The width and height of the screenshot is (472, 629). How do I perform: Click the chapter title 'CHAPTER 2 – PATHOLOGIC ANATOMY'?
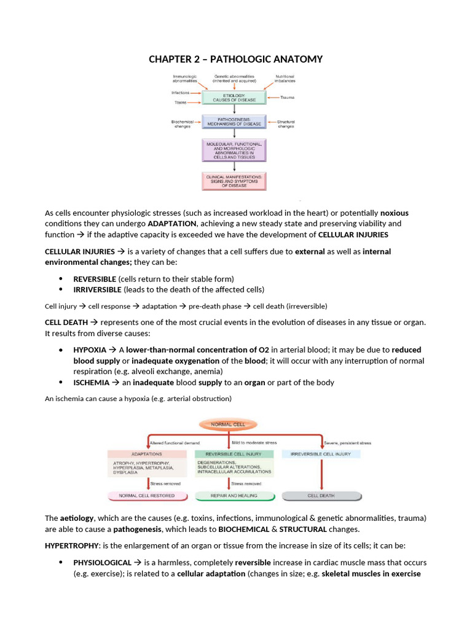click(235, 59)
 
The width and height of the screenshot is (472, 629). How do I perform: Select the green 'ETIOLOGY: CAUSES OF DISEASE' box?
click(233, 98)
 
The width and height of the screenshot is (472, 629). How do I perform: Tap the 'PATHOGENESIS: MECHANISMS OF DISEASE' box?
click(233, 122)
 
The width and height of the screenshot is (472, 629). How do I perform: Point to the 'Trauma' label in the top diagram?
click(288, 98)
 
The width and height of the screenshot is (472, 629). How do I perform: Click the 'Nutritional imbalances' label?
click(285, 79)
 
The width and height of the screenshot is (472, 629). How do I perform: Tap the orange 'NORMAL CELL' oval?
click(227, 424)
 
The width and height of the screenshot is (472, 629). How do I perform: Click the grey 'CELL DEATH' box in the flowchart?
click(321, 495)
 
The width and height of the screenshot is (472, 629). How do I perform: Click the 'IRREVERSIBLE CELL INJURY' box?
click(321, 453)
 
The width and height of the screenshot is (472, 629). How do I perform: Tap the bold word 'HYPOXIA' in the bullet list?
click(90, 350)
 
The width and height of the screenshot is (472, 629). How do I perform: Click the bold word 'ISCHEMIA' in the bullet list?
click(92, 382)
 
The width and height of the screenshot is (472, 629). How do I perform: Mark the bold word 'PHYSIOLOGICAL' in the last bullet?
click(102, 562)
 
